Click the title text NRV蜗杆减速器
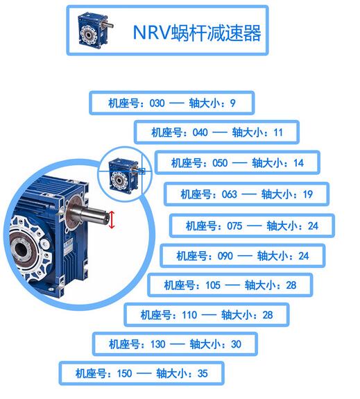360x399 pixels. (197, 33)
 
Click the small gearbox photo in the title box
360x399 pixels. (95, 30)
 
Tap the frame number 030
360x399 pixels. (157, 103)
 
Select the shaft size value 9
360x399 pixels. (233, 103)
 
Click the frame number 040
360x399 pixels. (200, 133)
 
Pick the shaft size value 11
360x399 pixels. (278, 133)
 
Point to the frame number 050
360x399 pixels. (220, 163)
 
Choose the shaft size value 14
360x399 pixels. (298, 163)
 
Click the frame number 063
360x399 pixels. (229, 195)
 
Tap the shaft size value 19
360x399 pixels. (307, 195)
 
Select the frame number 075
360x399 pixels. (234, 226)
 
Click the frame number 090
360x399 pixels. (225, 256)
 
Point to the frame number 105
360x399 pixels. (213, 285)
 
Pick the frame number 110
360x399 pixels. (189, 315)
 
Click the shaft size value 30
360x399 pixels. (236, 345)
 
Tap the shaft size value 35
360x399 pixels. (203, 374)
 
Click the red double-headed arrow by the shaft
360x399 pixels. (112, 219)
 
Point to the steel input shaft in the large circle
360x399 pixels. (89, 217)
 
